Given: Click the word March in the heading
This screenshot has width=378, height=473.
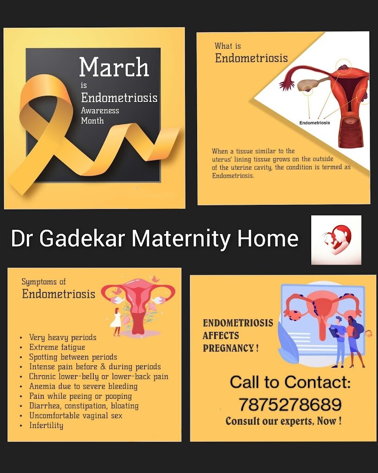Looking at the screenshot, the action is coord(114,67).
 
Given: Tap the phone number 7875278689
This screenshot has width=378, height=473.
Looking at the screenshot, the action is coord(290,404).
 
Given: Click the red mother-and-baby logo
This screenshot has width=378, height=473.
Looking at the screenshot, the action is coord(336,240).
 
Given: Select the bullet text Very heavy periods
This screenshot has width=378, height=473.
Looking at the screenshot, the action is coord(63,337).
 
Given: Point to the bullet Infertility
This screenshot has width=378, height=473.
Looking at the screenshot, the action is coord(46,425).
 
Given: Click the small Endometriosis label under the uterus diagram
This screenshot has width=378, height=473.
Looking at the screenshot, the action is coord(314,123).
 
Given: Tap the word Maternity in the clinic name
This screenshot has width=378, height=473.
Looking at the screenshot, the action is coord(181,238).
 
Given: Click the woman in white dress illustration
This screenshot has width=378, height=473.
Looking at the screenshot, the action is coord(116,322).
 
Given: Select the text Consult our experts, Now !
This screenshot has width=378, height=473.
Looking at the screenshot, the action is coord(283,421).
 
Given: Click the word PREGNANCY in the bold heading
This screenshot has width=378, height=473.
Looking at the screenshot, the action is coord(228,348).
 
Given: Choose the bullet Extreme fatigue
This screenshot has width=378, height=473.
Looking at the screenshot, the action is coord(57,347).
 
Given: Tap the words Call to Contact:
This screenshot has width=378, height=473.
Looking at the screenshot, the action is coord(290,382).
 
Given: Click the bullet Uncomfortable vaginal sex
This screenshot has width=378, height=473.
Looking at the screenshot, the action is coord(76,415).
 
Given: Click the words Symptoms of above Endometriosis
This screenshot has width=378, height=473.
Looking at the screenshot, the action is coord(44,282).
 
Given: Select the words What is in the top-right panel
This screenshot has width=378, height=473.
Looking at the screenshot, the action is coord(228,46).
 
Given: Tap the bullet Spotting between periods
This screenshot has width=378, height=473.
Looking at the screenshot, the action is coord(73,357).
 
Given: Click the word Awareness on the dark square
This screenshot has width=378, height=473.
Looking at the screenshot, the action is coord(100,110).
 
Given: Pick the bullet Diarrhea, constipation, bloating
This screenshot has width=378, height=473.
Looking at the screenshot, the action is coord(84,406).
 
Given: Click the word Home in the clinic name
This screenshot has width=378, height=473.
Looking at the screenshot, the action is coord(268,238).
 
